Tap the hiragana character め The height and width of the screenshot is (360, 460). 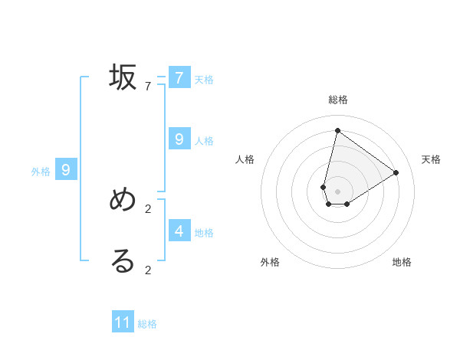point(123,200)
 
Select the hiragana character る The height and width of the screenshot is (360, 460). point(123,261)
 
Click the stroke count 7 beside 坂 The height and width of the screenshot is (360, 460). point(148,87)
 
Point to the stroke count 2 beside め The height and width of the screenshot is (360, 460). point(148,208)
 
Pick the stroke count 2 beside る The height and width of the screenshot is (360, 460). point(148,270)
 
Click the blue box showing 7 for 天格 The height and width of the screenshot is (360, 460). point(179,77)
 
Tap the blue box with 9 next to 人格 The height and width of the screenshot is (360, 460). point(179,139)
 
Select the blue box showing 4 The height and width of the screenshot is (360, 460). point(179,231)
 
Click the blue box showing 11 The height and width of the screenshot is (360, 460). point(123,322)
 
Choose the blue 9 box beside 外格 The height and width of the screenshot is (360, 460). point(66,170)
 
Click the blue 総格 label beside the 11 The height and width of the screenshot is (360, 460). point(147,324)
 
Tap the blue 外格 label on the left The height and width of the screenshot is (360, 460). point(41,172)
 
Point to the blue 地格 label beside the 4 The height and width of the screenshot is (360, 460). point(204,233)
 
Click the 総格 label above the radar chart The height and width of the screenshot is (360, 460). point(338,100)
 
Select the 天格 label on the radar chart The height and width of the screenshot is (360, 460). point(432,159)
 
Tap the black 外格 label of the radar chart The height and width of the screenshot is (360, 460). point(270,262)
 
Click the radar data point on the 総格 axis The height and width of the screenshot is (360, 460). point(337,130)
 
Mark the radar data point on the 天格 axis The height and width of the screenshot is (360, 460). point(396,172)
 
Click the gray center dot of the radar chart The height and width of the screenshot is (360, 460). point(337,191)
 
